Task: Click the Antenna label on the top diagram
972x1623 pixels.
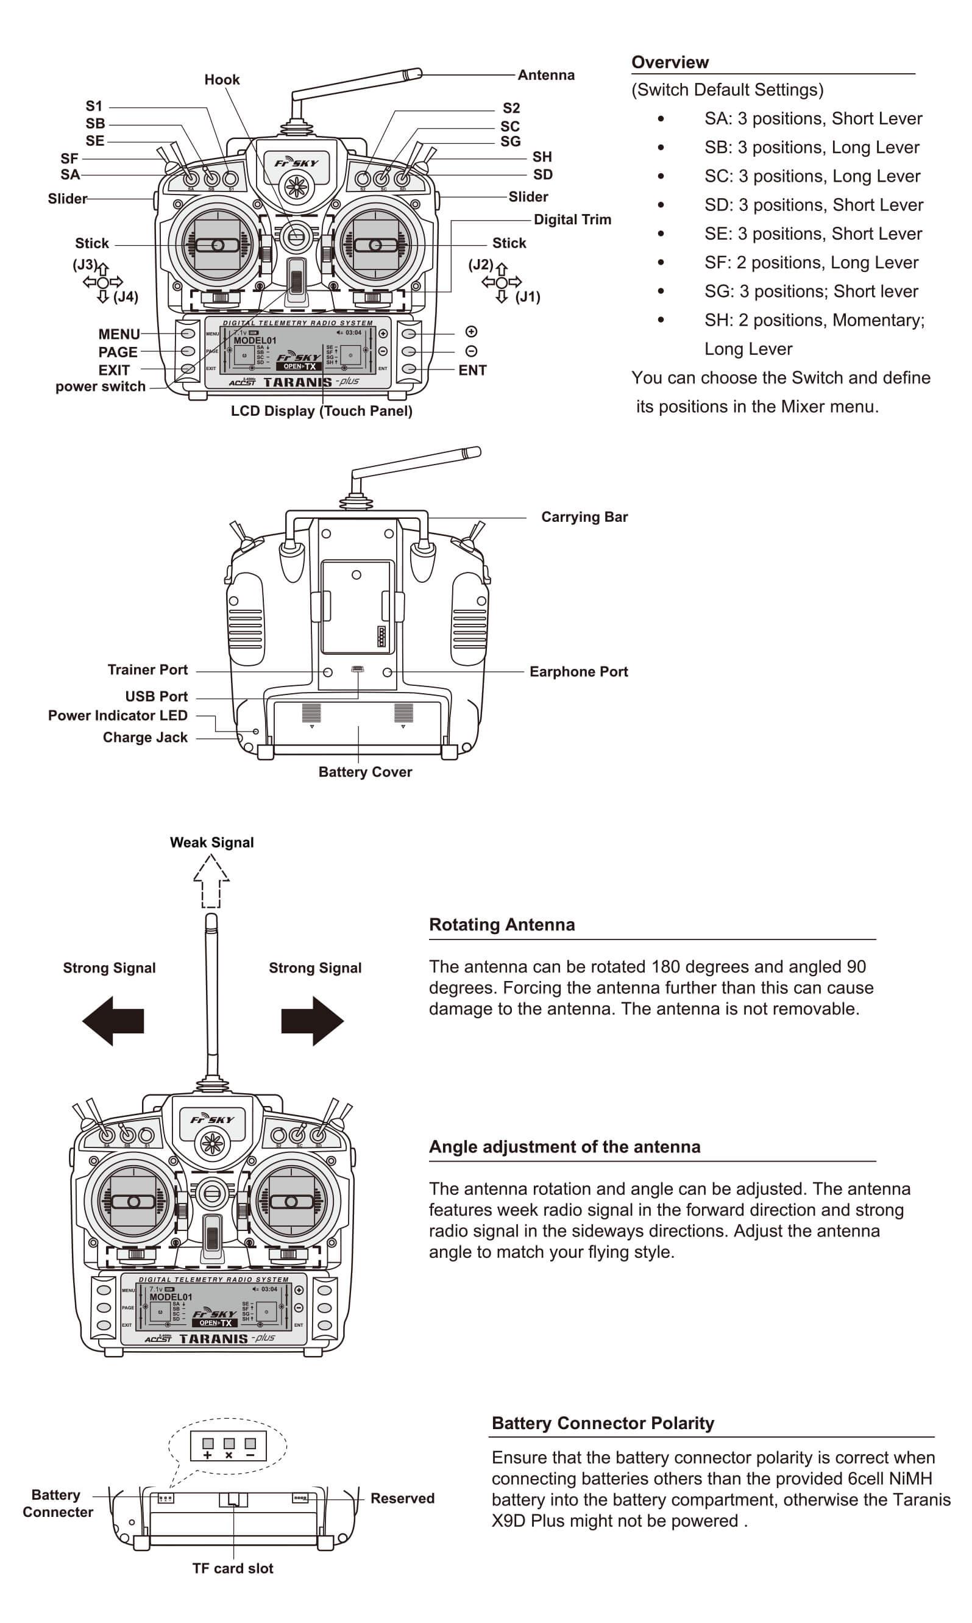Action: click(545, 76)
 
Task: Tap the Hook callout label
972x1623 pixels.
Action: click(222, 80)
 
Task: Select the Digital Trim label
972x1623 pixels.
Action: click(572, 219)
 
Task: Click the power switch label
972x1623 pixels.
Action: click(100, 387)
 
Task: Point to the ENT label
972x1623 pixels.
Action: click(472, 370)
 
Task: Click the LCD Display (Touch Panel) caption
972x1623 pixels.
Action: click(321, 411)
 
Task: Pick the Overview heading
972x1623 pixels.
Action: click(669, 62)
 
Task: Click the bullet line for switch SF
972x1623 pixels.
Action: click(811, 263)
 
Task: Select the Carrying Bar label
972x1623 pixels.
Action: click(584, 517)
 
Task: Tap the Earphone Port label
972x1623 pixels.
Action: click(578, 672)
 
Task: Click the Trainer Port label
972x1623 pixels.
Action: click(147, 669)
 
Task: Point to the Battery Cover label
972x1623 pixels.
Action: click(365, 772)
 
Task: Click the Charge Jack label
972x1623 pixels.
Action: click(145, 737)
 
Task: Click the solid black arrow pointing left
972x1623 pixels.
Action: click(113, 1020)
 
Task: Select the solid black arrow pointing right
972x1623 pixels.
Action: click(313, 1020)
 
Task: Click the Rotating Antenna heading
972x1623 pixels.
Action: click(502, 924)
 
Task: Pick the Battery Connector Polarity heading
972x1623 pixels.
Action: click(603, 1423)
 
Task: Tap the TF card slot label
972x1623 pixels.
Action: click(233, 1568)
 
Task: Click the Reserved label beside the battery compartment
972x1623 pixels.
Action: click(402, 1498)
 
